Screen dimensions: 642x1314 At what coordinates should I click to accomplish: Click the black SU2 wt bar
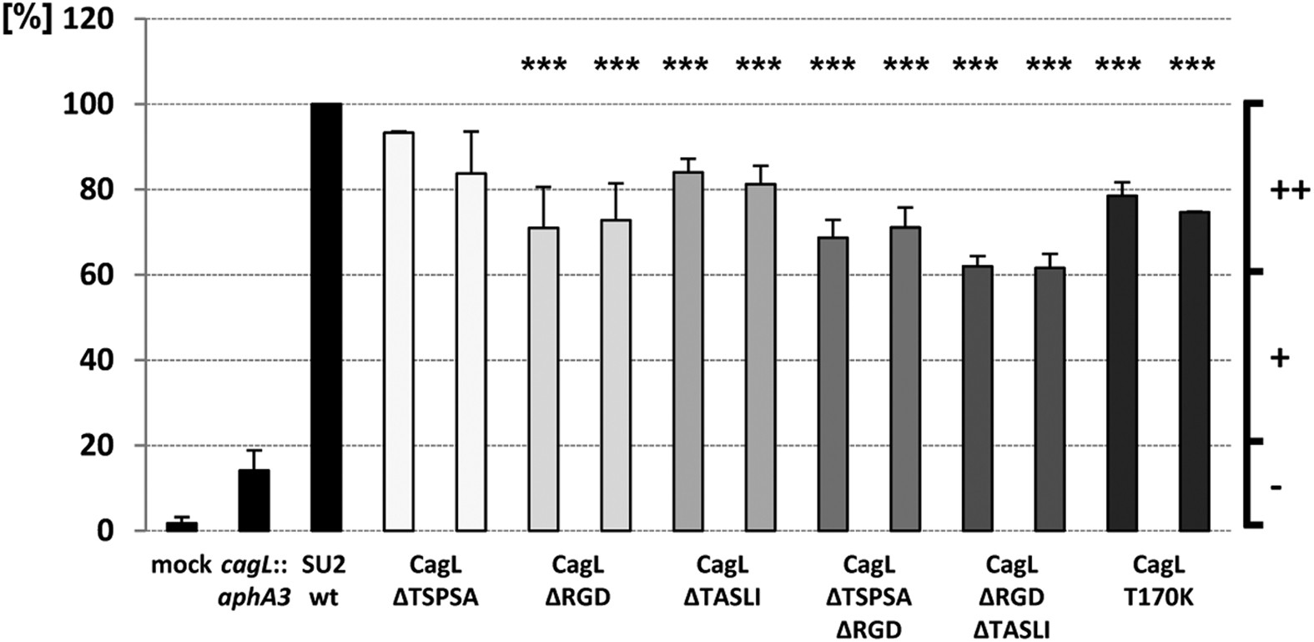pyautogui.click(x=325, y=317)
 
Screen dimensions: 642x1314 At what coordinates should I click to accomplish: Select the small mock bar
pyautogui.click(x=181, y=527)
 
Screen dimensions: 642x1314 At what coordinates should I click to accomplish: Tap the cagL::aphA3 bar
pyautogui.click(x=254, y=500)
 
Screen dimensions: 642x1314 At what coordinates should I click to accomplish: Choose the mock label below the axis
pyautogui.click(x=181, y=566)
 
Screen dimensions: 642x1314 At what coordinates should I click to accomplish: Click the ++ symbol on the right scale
pyautogui.click(x=1290, y=191)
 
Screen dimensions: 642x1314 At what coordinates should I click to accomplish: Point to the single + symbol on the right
pyautogui.click(x=1280, y=359)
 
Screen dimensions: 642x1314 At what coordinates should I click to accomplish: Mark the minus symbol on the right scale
pyautogui.click(x=1276, y=486)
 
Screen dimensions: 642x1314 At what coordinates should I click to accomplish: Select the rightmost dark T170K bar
pyautogui.click(x=1195, y=372)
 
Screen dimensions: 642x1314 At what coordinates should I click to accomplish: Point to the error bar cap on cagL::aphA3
pyautogui.click(x=254, y=451)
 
